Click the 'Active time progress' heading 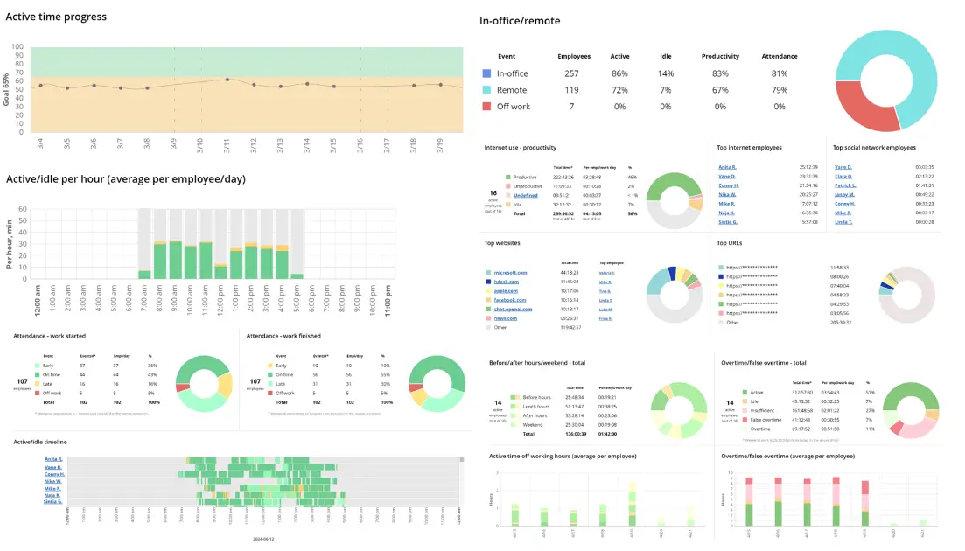[x=56, y=17]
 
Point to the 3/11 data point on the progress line [x=227, y=80]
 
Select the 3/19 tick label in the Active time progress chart [x=441, y=144]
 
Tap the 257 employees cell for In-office [x=571, y=74]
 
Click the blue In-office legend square [x=486, y=74]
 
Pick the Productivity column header [x=720, y=56]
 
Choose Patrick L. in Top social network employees [x=845, y=185]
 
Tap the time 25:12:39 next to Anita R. [x=808, y=166]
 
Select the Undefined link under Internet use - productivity [x=525, y=195]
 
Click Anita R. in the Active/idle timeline [x=54, y=459]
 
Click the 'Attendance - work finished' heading [x=283, y=336]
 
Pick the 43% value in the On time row [x=151, y=374]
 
